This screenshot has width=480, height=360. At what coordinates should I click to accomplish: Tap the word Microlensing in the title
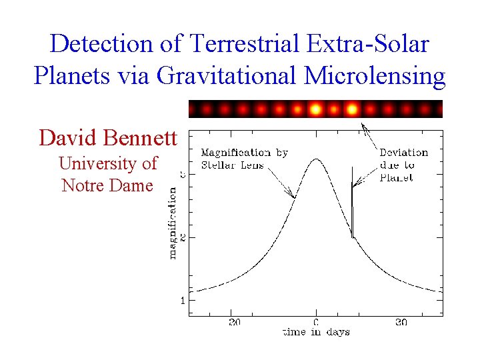coord(375,76)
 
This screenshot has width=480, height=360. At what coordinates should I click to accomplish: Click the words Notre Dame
coord(107,185)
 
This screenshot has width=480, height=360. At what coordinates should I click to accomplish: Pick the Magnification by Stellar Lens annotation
coord(244,159)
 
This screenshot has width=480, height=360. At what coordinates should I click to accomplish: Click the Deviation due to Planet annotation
coord(403,165)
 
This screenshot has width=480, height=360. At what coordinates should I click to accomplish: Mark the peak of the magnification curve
coord(315,159)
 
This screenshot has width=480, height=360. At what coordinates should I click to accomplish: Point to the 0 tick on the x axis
coord(316,323)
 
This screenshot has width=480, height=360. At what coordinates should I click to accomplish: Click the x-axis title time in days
coord(315,332)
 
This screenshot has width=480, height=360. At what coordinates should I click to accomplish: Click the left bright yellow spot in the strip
coord(316,109)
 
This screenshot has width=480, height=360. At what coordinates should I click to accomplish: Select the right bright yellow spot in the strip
coord(353,109)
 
